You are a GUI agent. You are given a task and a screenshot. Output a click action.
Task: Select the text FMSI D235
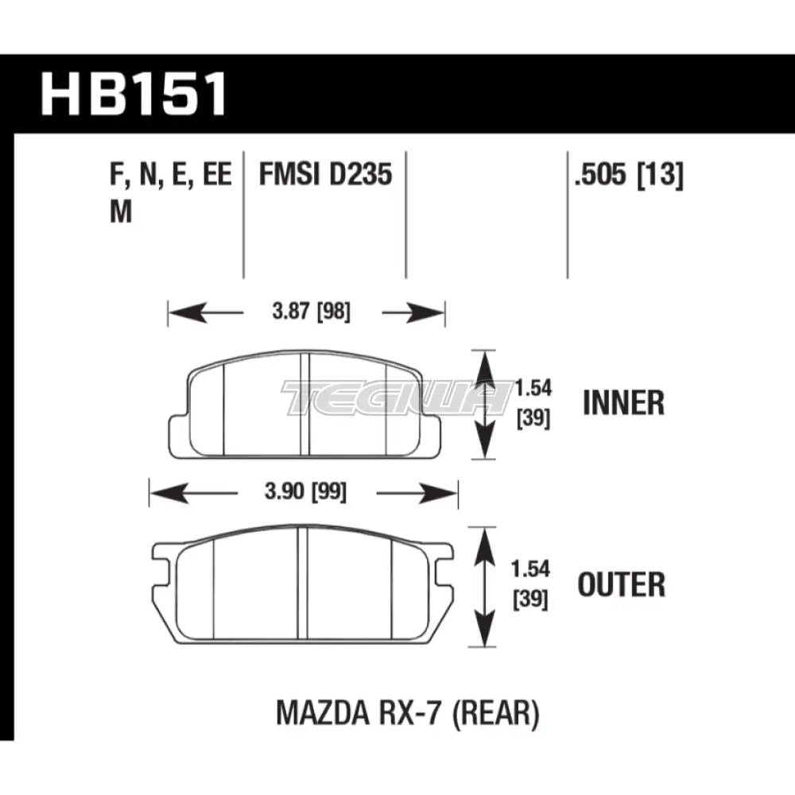[325, 175]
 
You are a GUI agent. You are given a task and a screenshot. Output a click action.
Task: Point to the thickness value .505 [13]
[626, 175]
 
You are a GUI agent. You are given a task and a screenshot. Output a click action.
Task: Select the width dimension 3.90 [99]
[306, 492]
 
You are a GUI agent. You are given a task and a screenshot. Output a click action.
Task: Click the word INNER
[622, 403]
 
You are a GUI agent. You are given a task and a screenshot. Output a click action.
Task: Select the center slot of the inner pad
[304, 404]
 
